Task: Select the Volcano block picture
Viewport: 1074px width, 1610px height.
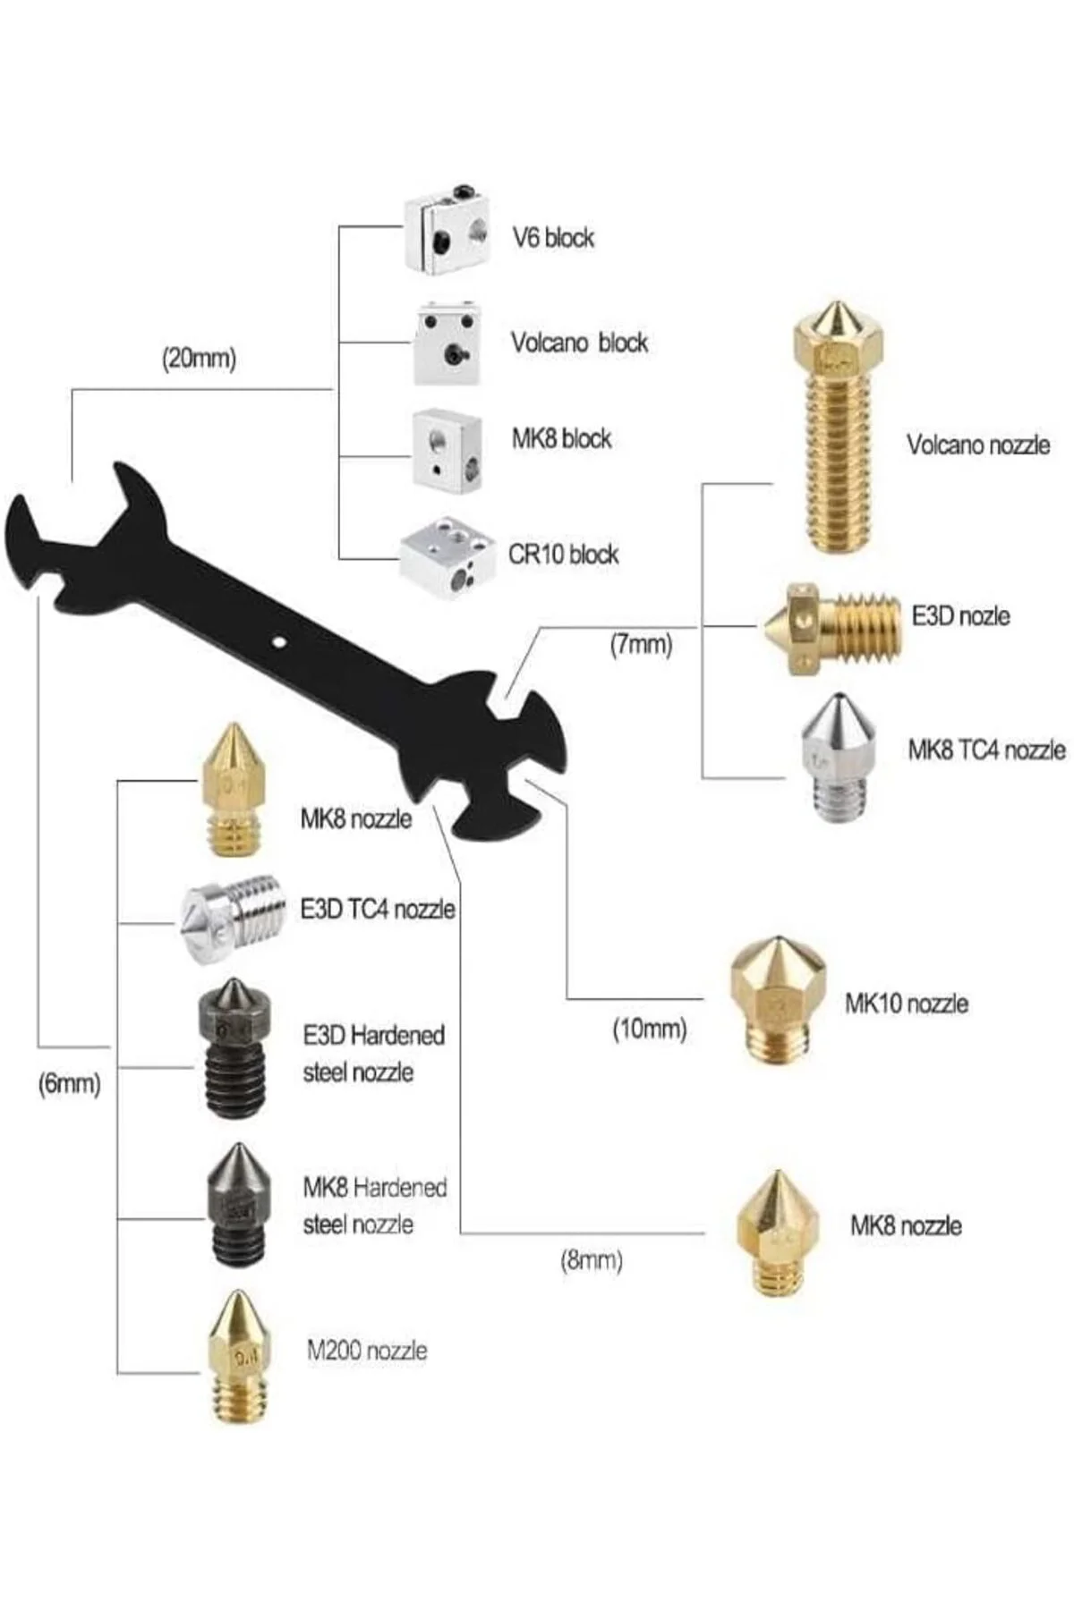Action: pos(447,344)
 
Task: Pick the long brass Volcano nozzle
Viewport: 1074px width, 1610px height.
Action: pos(838,428)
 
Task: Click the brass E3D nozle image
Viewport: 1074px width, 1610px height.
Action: pos(831,627)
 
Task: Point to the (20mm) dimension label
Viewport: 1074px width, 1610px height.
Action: pos(199,359)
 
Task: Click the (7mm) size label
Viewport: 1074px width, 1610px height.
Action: pos(641,644)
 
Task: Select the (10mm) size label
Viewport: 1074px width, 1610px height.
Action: pos(650,1029)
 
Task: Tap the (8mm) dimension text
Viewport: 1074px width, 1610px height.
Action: pos(592,1261)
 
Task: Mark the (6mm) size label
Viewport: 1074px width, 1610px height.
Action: pos(69,1084)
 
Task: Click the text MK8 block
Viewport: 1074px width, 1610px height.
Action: pos(561,438)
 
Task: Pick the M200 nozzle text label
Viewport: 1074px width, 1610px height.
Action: pos(367,1350)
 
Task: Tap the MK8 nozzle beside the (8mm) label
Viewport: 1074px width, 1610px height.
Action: pos(778,1233)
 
